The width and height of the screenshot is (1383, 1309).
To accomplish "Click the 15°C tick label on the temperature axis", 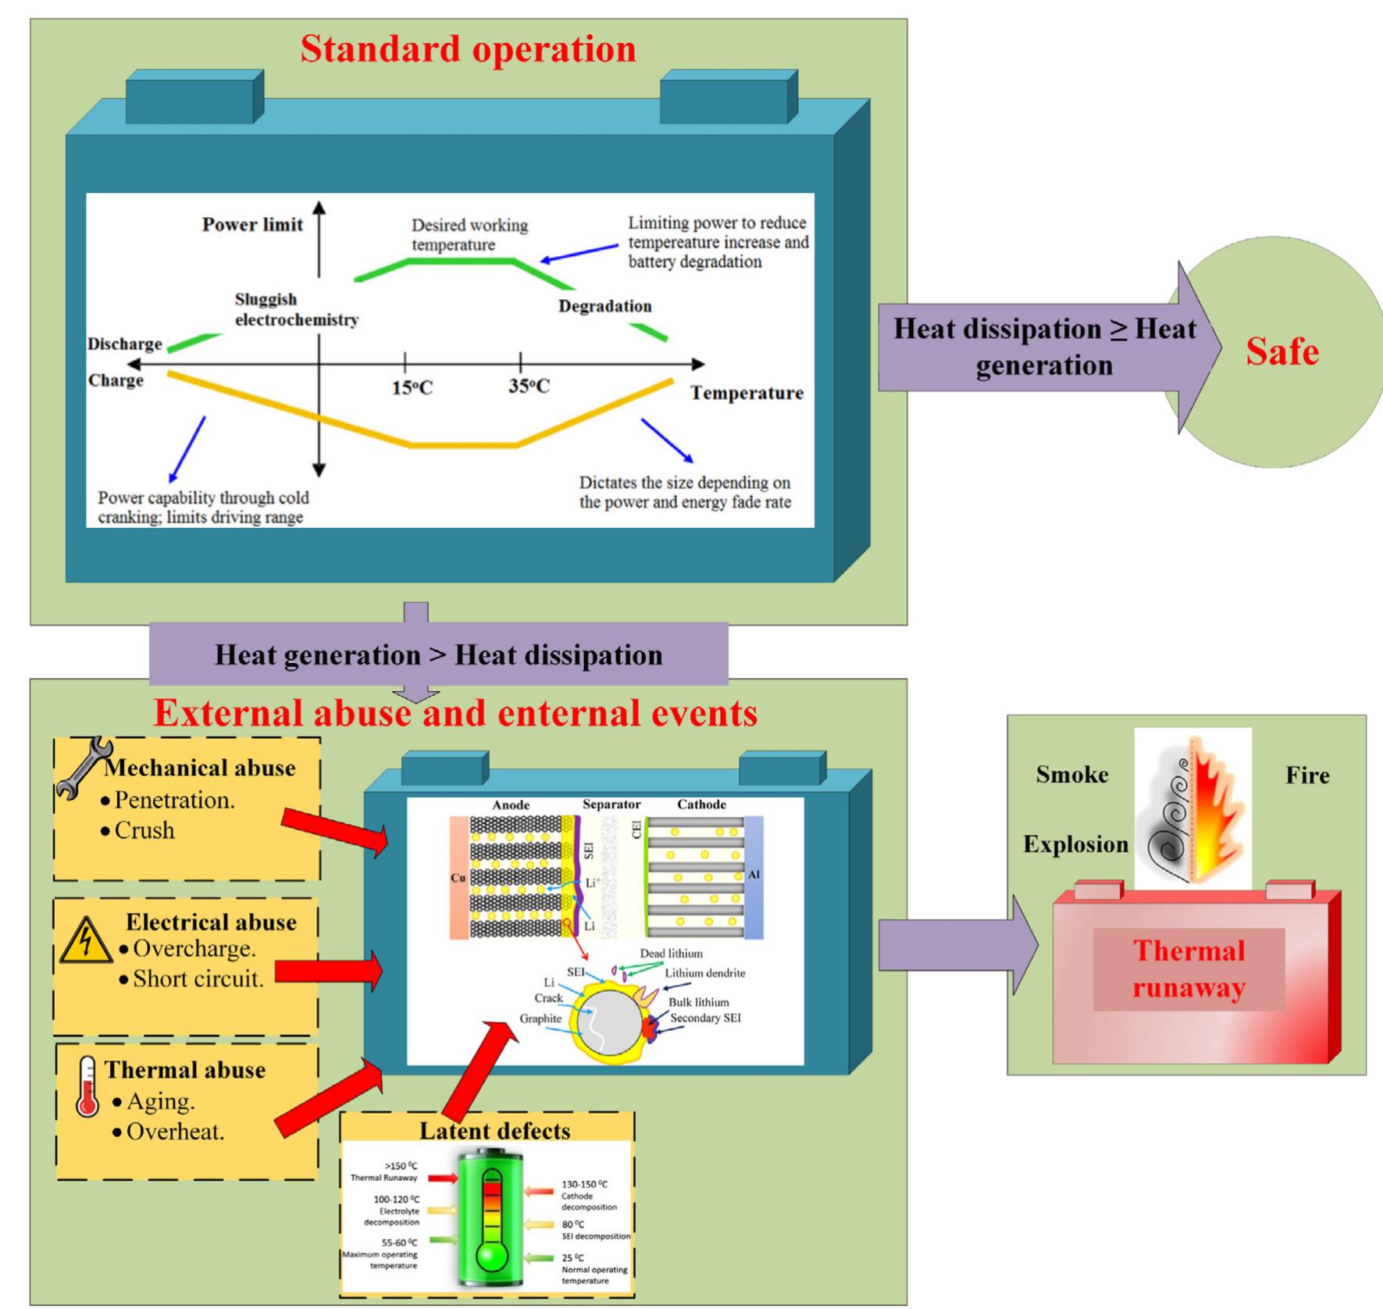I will click(x=412, y=387).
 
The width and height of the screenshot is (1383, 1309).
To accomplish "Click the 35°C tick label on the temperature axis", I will click(x=529, y=386).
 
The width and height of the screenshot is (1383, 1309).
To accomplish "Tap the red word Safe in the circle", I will click(x=1281, y=351).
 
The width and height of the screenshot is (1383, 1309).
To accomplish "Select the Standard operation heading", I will click(x=468, y=49).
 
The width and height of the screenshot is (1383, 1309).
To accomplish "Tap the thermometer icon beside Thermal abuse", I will click(x=87, y=1086).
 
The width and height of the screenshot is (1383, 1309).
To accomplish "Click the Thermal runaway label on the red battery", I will click(x=1189, y=969).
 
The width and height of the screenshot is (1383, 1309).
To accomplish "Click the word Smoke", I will click(x=1071, y=775).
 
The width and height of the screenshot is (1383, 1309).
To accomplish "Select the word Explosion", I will click(x=1075, y=844).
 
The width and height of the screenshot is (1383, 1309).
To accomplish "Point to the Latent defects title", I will click(x=494, y=1130).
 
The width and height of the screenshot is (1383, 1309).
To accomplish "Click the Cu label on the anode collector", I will click(x=458, y=878).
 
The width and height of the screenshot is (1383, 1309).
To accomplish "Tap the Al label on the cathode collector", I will click(x=754, y=876).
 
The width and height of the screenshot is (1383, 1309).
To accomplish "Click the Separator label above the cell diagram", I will click(x=611, y=804).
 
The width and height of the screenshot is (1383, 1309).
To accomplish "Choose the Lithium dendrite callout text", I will click(x=704, y=973).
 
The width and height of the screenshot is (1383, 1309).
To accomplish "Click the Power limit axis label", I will click(x=252, y=225).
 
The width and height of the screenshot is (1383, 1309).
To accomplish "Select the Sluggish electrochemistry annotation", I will click(x=296, y=309).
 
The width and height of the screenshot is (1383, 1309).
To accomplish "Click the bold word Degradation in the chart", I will click(x=604, y=306).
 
